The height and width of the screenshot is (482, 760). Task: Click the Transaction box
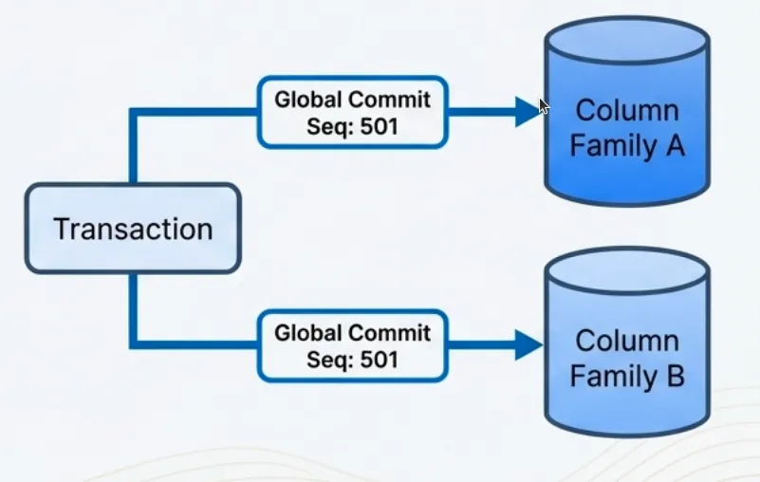(x=133, y=229)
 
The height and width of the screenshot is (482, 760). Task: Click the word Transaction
(x=133, y=230)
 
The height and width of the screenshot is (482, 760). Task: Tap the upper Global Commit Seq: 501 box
(x=352, y=112)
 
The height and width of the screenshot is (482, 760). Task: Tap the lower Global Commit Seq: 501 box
(x=352, y=345)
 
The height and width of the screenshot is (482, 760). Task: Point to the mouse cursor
(x=544, y=106)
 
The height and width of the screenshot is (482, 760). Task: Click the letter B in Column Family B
(x=673, y=377)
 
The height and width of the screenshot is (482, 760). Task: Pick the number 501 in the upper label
(x=378, y=125)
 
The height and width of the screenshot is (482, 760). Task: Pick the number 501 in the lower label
(x=378, y=360)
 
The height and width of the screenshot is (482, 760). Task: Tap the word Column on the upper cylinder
(x=627, y=110)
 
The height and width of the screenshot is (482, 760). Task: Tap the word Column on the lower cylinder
(x=627, y=340)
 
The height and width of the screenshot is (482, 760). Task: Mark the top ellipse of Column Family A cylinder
(x=627, y=41)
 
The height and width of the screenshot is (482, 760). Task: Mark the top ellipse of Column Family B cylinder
(x=627, y=273)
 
